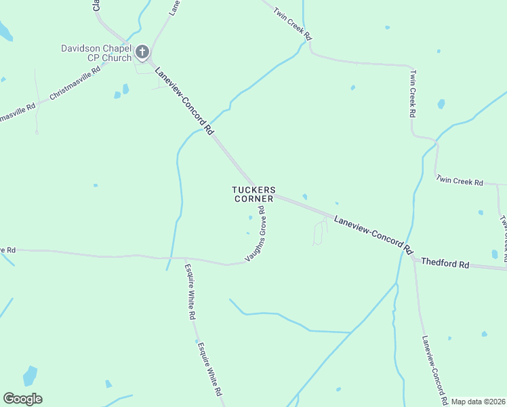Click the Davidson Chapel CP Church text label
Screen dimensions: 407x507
(96, 53)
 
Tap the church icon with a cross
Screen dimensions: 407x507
(142, 52)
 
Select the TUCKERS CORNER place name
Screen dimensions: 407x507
(254, 194)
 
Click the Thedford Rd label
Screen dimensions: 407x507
(445, 263)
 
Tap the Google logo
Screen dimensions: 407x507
(22, 399)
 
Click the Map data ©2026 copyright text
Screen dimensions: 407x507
(478, 402)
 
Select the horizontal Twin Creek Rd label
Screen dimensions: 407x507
(460, 182)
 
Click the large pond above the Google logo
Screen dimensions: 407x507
(30, 375)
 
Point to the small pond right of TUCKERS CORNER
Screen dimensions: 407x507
(304, 197)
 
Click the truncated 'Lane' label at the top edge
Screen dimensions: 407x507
(174, 7)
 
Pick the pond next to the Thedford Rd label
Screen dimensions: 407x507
(494, 254)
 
